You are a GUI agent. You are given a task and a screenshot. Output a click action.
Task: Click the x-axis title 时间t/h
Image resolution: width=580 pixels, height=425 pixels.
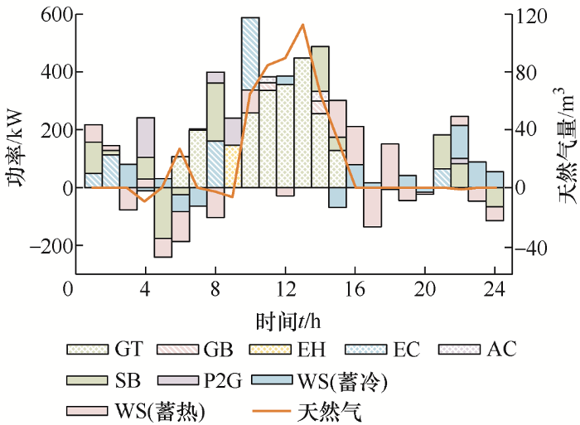click(x=287, y=319)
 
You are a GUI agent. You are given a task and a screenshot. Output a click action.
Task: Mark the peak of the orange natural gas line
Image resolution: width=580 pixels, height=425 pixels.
click(x=303, y=25)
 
